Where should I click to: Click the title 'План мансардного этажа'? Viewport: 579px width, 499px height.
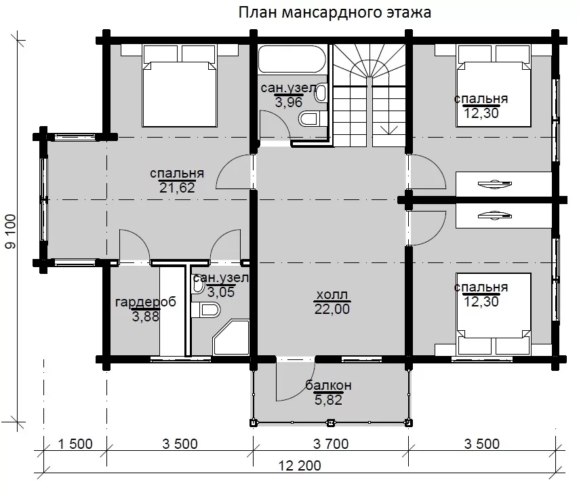tap(334, 13)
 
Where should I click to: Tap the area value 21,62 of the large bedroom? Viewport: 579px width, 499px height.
tap(177, 188)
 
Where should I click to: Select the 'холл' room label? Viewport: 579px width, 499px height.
tap(332, 295)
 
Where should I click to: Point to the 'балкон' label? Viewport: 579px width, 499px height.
tap(328, 385)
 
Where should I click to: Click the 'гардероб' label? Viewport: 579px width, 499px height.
tap(146, 302)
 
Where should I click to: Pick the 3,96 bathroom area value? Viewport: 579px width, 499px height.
tap(288, 102)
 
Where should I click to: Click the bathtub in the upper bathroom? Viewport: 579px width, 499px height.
tap(292, 59)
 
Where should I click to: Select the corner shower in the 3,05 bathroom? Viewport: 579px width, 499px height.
tap(231, 337)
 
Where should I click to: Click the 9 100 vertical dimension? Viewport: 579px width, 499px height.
tap(10, 231)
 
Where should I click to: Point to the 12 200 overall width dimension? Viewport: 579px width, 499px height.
tap(300, 466)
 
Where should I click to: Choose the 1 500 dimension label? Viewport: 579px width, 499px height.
tap(75, 444)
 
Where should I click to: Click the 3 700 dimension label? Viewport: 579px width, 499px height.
tap(331, 444)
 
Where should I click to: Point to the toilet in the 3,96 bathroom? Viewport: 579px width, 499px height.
tap(308, 119)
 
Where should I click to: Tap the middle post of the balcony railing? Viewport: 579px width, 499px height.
tap(330, 422)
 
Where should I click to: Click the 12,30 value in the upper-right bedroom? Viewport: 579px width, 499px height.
tap(481, 113)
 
